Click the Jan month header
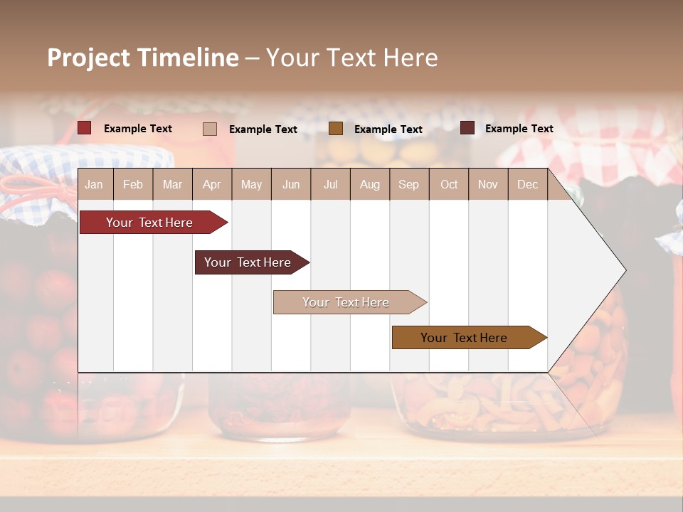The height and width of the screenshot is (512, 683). click(94, 184)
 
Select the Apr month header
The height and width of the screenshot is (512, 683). click(211, 184)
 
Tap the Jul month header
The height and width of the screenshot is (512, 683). click(330, 184)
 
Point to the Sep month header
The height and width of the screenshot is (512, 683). click(408, 184)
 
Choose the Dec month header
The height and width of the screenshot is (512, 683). click(527, 184)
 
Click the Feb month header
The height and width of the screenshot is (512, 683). click(133, 184)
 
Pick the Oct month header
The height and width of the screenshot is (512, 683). click(449, 184)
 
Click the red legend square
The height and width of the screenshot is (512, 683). click(85, 128)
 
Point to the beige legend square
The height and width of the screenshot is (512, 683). click(210, 129)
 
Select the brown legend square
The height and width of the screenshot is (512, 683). click(336, 128)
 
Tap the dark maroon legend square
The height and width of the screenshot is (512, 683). click(467, 128)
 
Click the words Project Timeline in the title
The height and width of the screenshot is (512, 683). click(143, 58)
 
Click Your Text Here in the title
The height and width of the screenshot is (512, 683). click(352, 58)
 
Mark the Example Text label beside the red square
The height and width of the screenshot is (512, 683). click(138, 129)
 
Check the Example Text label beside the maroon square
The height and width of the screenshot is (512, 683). click(519, 129)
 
